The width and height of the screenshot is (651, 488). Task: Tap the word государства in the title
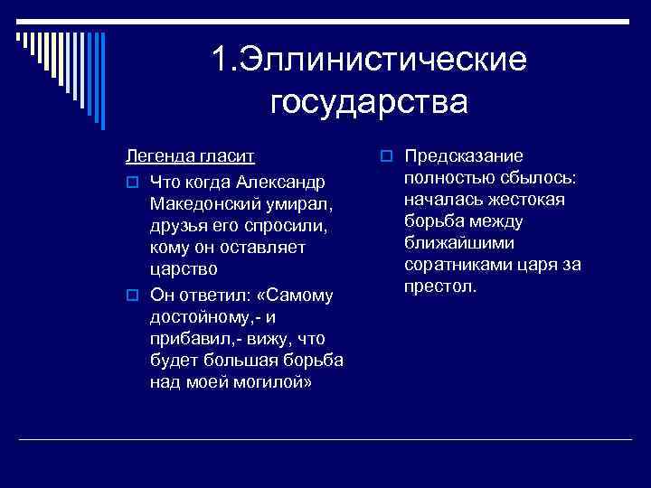(369, 101)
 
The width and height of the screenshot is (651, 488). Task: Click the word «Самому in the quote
(297, 295)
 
